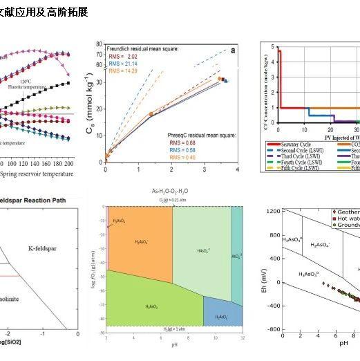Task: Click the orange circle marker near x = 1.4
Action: (151, 113)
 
